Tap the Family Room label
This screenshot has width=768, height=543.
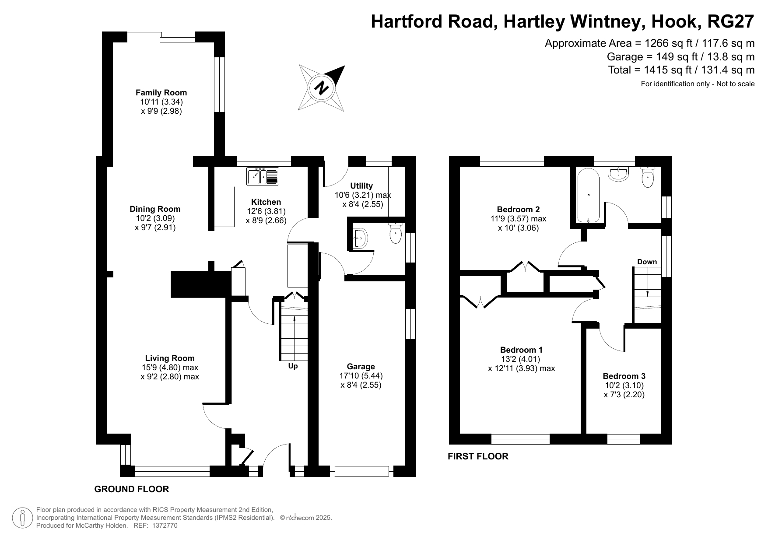point(161,93)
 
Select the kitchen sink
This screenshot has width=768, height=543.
point(263,176)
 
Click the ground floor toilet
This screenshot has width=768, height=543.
point(396,233)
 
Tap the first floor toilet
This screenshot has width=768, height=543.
point(647,176)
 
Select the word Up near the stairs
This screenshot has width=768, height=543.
point(293,366)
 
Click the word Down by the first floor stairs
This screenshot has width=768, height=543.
point(647,262)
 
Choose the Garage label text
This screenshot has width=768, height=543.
point(361,367)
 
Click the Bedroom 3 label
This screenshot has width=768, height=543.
point(624,376)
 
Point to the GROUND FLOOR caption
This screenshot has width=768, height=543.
point(132,489)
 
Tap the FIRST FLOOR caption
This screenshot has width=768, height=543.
point(478,456)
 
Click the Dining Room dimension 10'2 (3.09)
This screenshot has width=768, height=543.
point(155,218)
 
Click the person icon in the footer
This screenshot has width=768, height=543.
point(23,518)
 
